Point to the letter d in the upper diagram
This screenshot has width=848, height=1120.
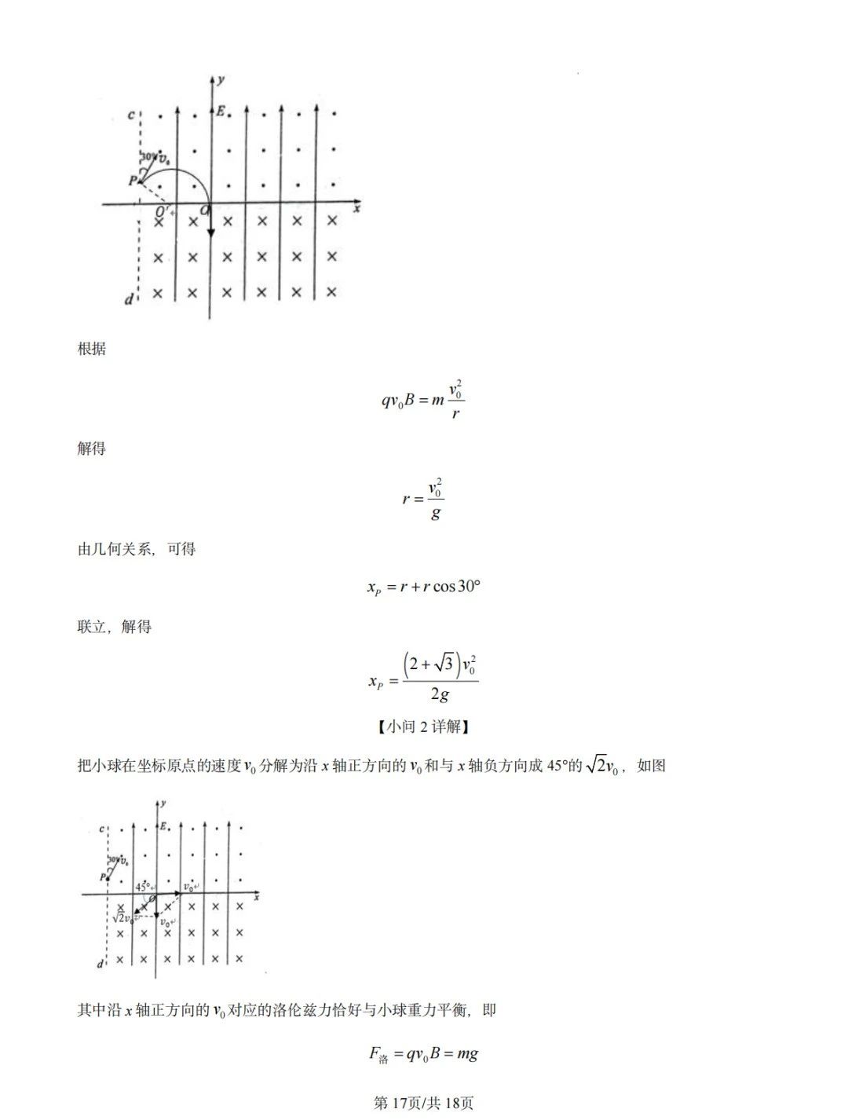point(129,300)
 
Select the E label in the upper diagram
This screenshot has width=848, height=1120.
point(221,112)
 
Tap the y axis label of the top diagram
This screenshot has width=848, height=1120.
point(222,79)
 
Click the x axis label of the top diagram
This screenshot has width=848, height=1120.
point(356,210)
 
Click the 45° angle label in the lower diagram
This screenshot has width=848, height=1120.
point(143,886)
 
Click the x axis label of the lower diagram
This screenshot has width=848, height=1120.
point(257,896)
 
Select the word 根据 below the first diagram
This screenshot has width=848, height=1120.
point(91,350)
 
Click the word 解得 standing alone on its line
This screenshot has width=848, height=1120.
point(91,449)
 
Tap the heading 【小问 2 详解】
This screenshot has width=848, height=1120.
point(423,727)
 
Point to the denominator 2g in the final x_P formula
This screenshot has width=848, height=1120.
point(440,694)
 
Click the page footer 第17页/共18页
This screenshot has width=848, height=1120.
point(423,1103)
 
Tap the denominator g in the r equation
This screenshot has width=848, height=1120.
point(436,514)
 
